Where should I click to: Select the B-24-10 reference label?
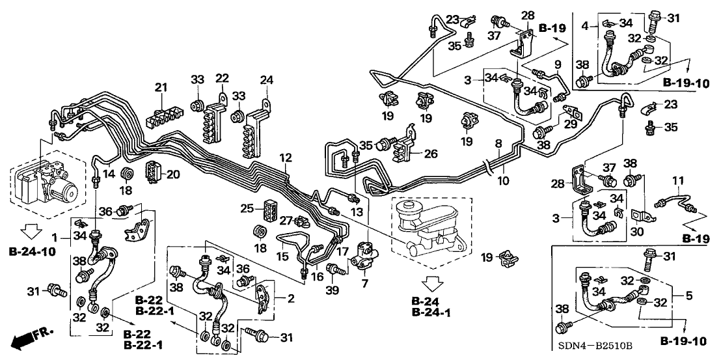coord(33,251)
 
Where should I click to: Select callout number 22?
coord(223,79)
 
